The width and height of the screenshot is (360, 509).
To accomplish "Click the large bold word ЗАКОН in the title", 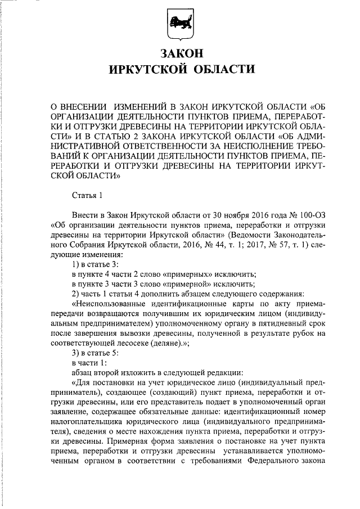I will click(x=180, y=54).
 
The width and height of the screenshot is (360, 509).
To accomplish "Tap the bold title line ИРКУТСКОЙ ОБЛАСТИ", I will click(x=180, y=70).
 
